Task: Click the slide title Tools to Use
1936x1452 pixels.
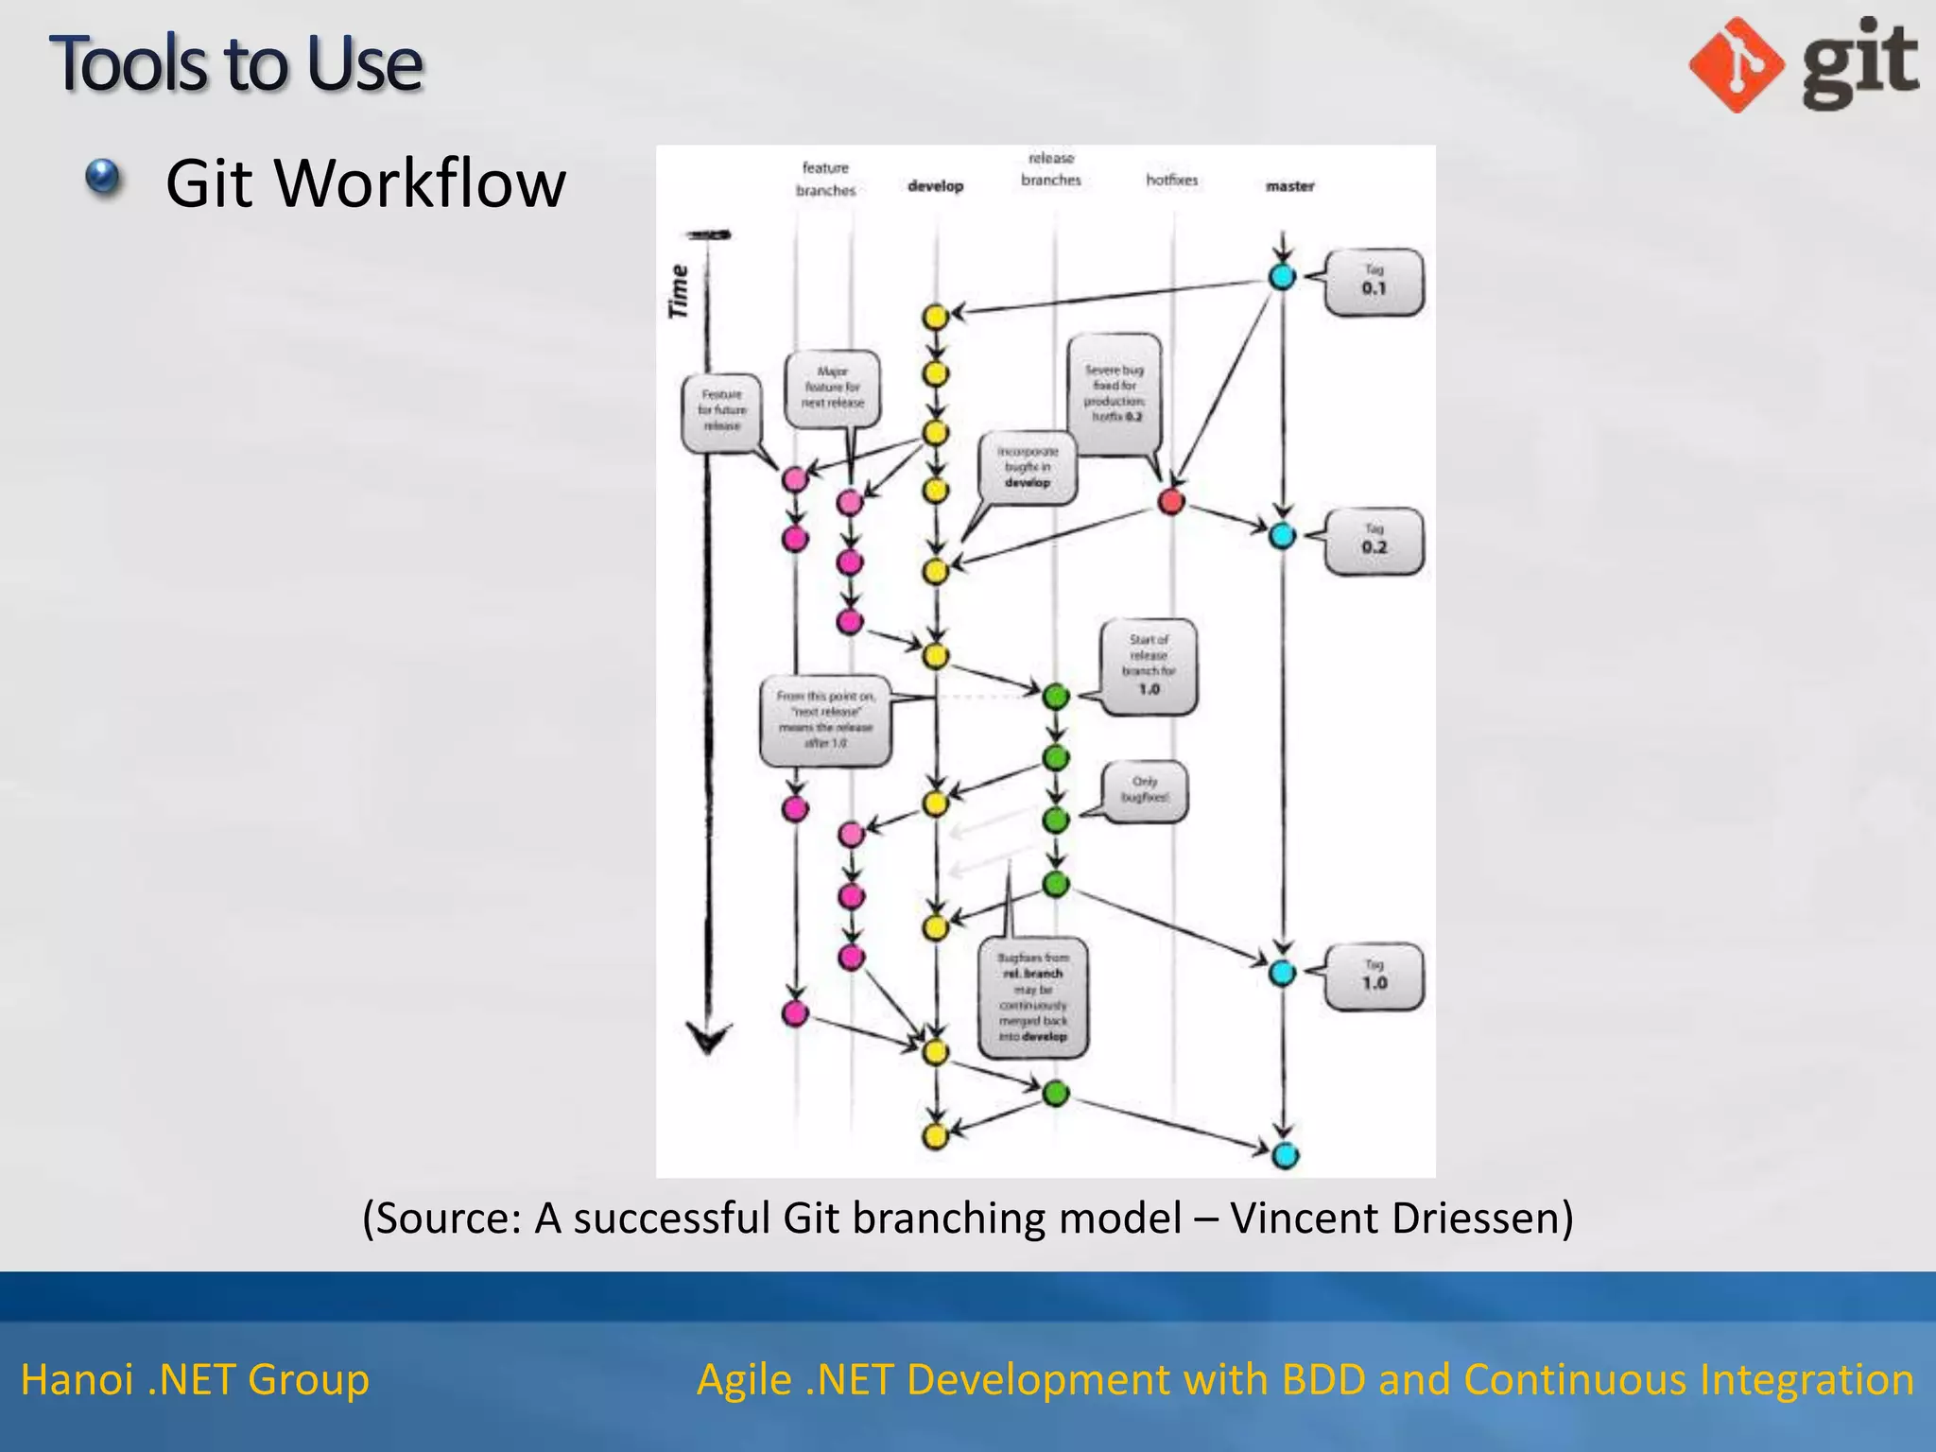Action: point(235,63)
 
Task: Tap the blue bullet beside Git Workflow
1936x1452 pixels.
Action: point(103,177)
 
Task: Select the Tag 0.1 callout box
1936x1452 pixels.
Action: point(1374,282)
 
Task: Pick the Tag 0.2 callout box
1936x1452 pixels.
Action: point(1374,541)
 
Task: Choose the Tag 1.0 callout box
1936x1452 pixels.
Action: point(1374,977)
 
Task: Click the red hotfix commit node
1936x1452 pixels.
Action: point(1171,501)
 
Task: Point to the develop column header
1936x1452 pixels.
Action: point(935,186)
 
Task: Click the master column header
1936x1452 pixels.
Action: point(1289,186)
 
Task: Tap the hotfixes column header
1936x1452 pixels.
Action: point(1171,180)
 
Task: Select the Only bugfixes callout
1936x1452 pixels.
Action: point(1145,790)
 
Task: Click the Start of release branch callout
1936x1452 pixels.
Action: point(1149,665)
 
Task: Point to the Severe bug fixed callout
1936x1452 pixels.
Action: point(1115,393)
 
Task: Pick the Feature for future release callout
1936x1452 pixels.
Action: point(721,411)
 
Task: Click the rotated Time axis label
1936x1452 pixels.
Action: point(679,291)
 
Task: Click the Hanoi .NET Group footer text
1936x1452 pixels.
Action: point(195,1379)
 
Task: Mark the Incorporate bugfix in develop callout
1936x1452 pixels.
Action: point(1027,468)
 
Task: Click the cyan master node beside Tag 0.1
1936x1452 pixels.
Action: point(1282,277)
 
